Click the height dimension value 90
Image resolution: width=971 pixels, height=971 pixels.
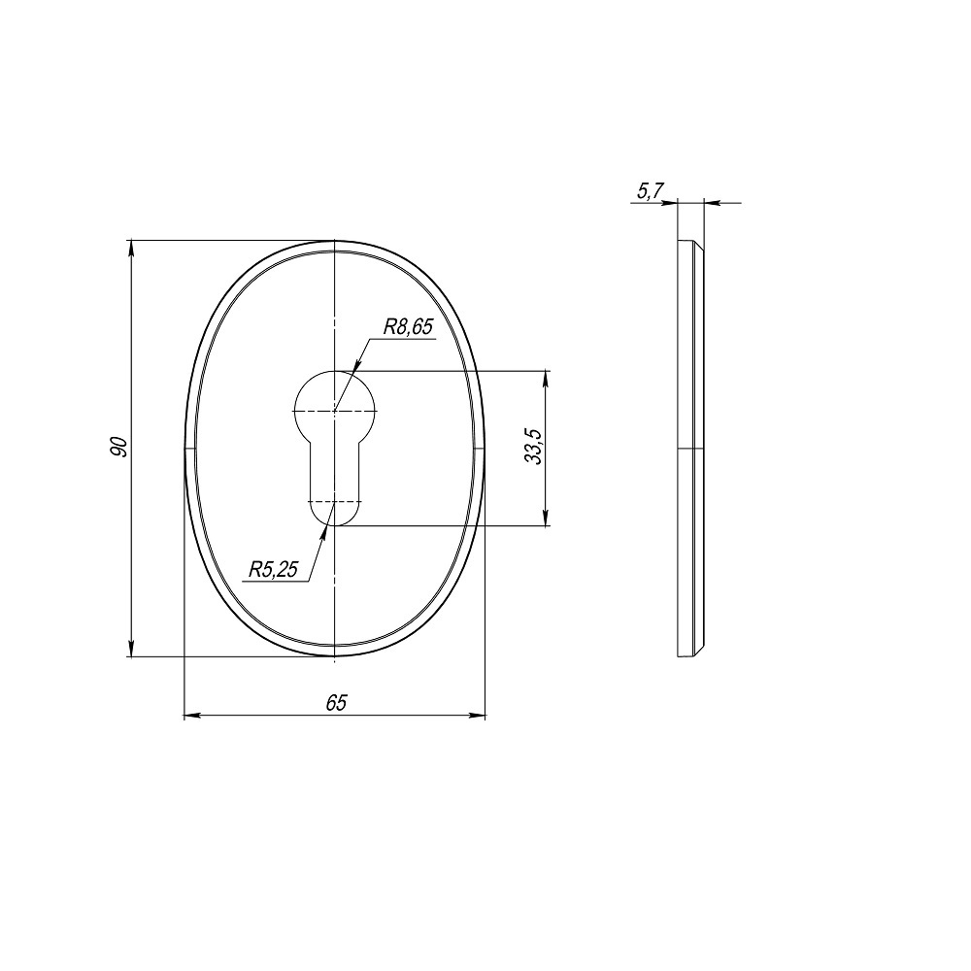[x=118, y=448]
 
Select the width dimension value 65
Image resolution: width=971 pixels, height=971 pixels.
[x=336, y=703]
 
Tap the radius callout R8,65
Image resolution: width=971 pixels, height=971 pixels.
[x=407, y=328]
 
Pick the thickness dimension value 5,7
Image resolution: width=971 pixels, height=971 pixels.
[x=649, y=192]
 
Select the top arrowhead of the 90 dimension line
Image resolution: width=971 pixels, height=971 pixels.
[x=131, y=247]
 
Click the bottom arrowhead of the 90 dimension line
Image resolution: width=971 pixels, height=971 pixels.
[x=131, y=649]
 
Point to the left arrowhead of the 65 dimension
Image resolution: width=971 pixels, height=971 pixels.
[x=192, y=717]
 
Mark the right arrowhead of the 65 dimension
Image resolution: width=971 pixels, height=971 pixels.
[x=477, y=717]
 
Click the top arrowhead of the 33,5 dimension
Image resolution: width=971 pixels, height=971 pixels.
[x=546, y=378]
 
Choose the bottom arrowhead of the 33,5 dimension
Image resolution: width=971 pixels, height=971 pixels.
[x=546, y=519]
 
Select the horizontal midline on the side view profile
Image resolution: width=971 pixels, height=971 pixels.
[x=690, y=449]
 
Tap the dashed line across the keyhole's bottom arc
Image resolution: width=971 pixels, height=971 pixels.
[x=334, y=501]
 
